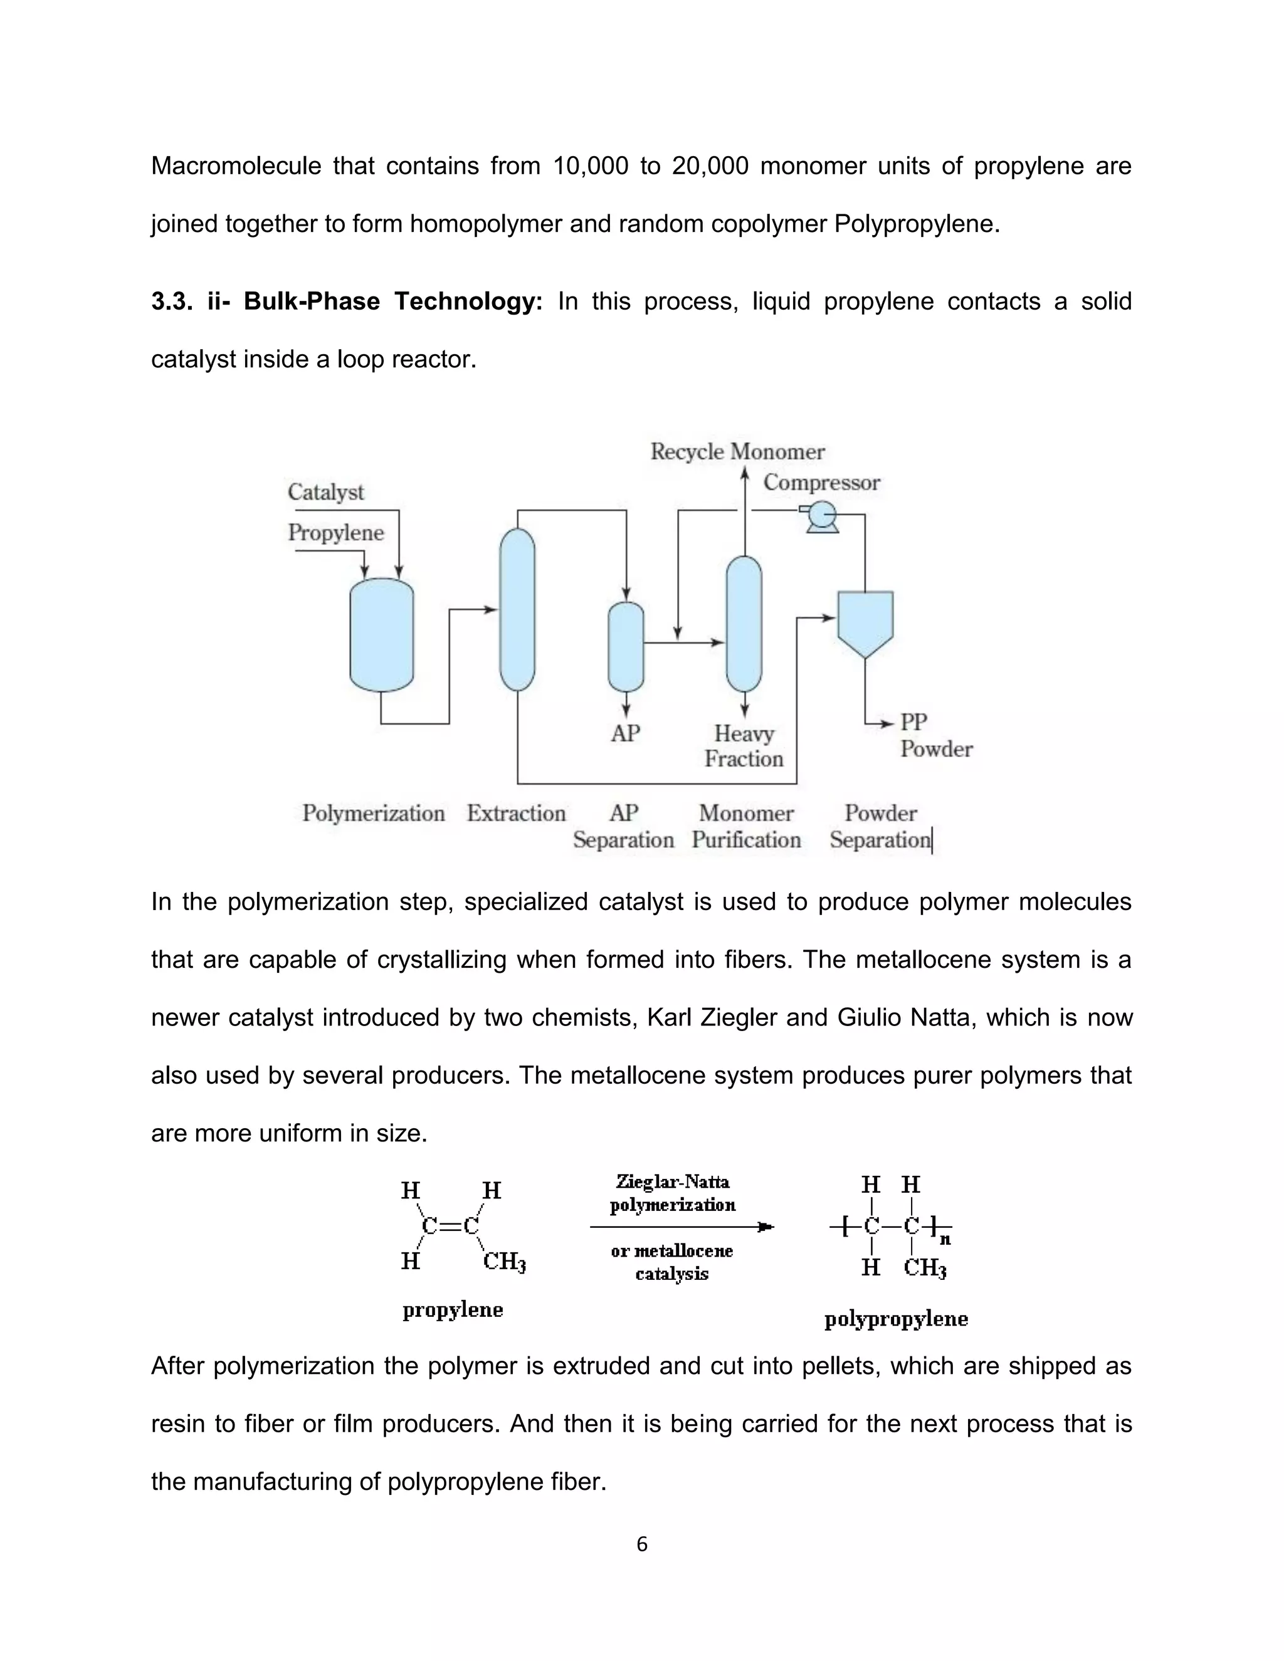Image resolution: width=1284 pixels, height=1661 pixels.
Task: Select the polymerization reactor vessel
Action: tap(381, 635)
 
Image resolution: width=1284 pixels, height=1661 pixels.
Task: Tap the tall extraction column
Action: tap(517, 609)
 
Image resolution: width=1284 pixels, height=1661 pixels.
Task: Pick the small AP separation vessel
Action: tap(626, 646)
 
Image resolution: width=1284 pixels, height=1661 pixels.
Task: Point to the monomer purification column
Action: tap(744, 624)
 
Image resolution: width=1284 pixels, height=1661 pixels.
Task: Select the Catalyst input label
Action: tap(325, 492)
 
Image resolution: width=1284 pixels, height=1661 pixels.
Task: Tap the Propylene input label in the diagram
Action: tap(335, 532)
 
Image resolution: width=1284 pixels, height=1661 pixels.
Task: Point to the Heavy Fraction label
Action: tap(743, 745)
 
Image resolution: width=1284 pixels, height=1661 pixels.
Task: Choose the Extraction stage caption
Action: tap(516, 813)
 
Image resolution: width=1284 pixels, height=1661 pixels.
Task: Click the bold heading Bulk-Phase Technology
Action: tap(392, 301)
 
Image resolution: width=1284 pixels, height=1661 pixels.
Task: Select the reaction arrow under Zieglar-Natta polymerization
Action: tap(681, 1227)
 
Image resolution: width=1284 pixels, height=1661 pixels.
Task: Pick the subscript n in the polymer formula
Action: tap(945, 1240)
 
